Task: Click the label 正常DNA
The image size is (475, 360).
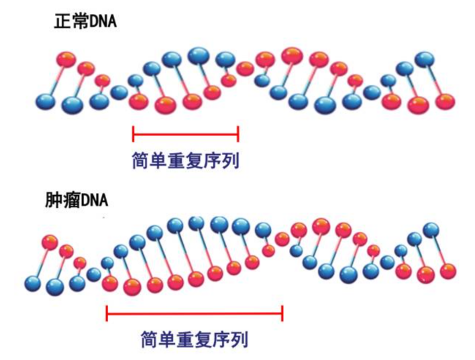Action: [x=85, y=21]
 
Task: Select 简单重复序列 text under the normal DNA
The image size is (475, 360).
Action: [x=186, y=161]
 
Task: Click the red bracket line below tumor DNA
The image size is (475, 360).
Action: [x=195, y=312]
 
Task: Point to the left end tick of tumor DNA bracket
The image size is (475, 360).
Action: [x=107, y=312]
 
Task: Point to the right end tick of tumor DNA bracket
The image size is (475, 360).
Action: [x=282, y=312]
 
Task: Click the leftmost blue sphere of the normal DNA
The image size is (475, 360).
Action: [x=46, y=102]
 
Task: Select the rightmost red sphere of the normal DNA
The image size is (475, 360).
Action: [x=444, y=101]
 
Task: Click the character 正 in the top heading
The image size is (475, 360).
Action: [x=61, y=21]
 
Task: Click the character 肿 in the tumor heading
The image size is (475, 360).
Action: [x=54, y=200]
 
